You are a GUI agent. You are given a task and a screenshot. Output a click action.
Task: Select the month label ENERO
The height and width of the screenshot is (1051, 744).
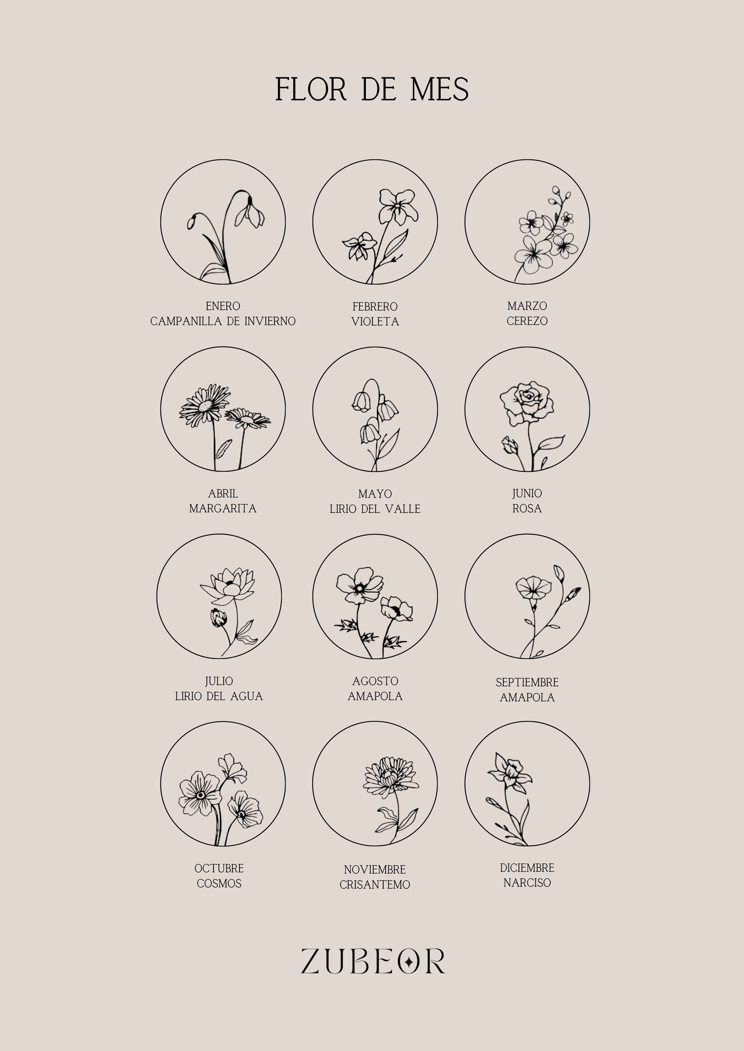[x=223, y=306]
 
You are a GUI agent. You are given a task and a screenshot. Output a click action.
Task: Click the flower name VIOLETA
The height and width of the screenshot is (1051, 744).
[x=375, y=322]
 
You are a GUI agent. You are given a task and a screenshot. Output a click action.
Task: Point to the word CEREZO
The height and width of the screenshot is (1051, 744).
[x=527, y=321]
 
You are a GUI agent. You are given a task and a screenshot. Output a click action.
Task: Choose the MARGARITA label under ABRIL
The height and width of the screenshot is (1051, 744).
[x=223, y=509]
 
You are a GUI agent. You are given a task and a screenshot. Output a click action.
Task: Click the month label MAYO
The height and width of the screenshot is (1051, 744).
[x=375, y=494]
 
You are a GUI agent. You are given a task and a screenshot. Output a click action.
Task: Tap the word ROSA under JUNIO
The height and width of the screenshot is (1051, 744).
[x=527, y=509]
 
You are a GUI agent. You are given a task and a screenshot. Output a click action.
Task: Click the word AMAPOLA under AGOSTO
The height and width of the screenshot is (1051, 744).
[x=375, y=696]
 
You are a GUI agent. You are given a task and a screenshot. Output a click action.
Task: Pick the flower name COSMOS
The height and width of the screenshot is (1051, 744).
[x=219, y=883]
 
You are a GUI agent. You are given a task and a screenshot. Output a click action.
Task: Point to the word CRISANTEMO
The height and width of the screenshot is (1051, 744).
[x=375, y=885]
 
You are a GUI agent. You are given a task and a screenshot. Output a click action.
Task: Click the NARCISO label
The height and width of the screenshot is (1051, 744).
[x=527, y=883]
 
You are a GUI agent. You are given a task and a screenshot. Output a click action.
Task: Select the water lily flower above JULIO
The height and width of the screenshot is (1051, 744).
[x=227, y=586]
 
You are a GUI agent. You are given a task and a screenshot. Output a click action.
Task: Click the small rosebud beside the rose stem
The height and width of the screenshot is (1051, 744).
[x=510, y=445]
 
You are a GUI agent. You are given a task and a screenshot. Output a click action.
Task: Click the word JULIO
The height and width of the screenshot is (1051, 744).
[x=219, y=681]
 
